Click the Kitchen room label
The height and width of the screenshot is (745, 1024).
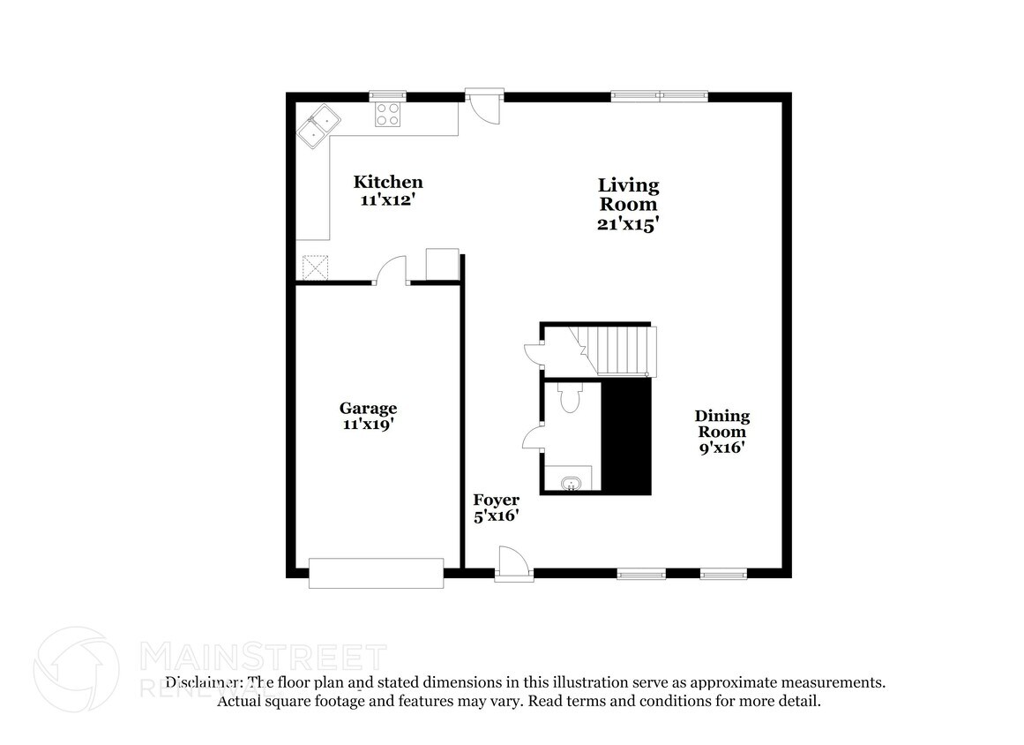point(388,183)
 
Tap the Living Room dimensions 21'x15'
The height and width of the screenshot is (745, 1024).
point(628,224)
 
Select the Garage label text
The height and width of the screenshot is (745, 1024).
point(368,408)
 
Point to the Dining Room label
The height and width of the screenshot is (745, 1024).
point(721,424)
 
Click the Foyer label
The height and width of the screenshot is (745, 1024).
point(496,500)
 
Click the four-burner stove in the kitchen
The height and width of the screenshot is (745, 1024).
point(388,114)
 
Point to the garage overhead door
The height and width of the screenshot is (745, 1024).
point(376,572)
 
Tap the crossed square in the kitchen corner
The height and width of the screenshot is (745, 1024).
point(315,267)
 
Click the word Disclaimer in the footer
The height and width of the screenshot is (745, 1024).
point(204,682)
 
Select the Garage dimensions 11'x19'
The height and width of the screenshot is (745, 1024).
point(368,424)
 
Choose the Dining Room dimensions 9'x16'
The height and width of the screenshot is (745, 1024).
point(721,448)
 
